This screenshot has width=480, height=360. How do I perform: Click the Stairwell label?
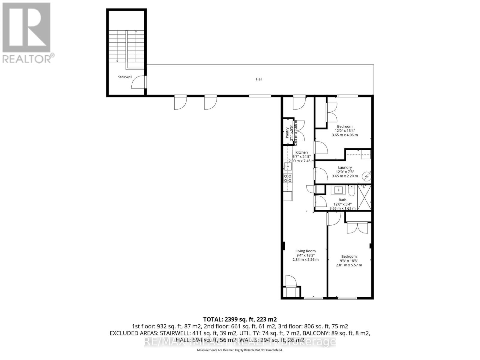pos(125,77)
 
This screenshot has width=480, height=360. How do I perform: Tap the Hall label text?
pos(259,79)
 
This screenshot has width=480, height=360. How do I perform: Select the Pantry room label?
pos(287,132)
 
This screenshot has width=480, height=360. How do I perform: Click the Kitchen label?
pos(301,152)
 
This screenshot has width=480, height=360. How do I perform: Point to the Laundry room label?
pos(345,168)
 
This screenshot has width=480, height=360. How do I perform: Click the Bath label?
pos(342,200)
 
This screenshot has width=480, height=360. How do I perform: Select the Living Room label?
pos(305,251)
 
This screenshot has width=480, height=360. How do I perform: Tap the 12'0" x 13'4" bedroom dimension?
pos(345,131)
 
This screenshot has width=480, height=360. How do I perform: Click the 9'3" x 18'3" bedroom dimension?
pos(349,261)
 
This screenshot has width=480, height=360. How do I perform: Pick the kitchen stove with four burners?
pos(288,178)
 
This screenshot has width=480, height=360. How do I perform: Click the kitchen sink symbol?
pos(287,166)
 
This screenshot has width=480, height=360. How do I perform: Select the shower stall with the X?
pos(364,197)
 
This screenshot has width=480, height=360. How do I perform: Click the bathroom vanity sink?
pos(339,190)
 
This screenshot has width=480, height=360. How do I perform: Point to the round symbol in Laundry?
pos(366,177)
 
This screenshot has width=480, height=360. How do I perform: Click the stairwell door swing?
pos(138,82)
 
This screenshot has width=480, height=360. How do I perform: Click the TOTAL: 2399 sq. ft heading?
pos(240,319)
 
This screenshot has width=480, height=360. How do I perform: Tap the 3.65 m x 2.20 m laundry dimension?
pos(345,176)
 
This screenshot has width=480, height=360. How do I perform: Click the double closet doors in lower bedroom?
pos(357,228)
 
